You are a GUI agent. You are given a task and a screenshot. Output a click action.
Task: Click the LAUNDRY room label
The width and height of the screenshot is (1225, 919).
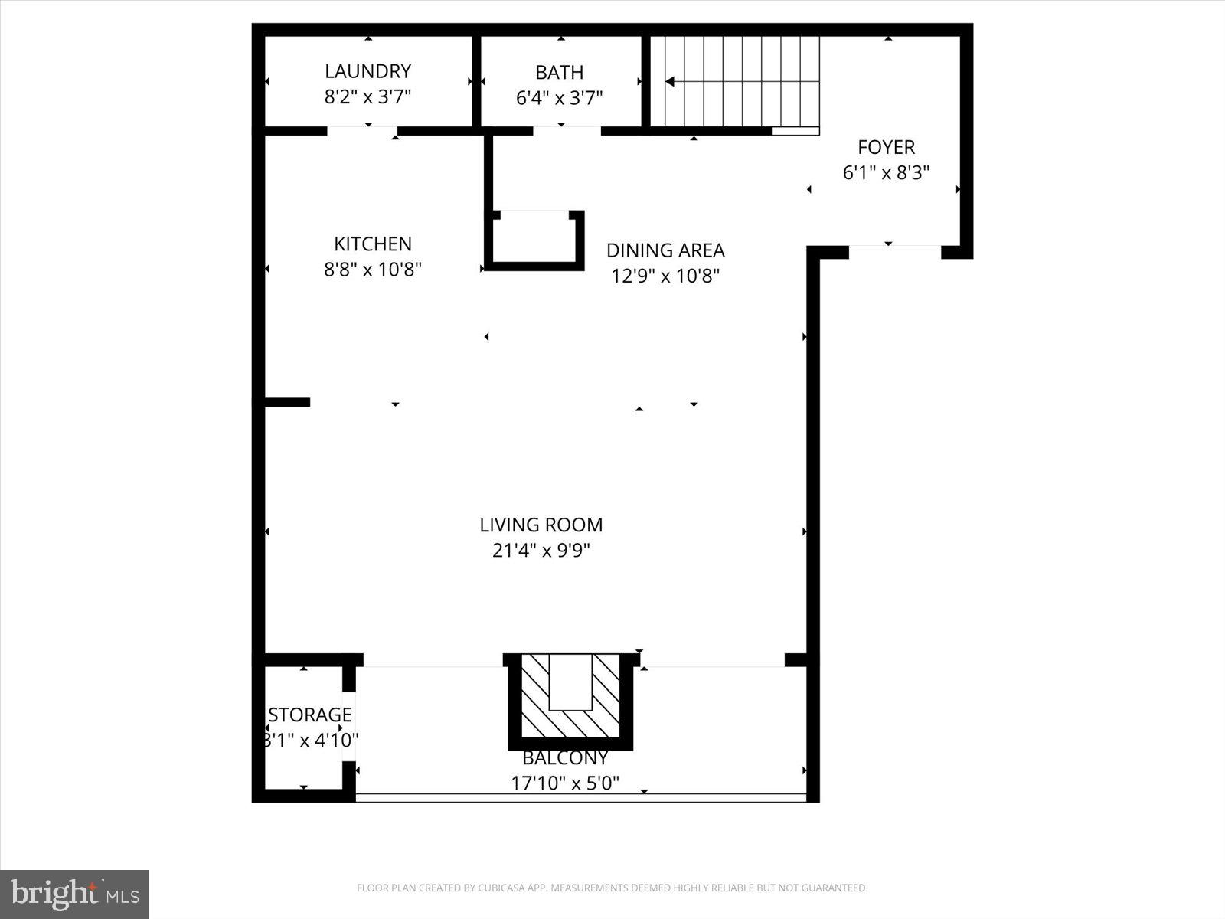point(367,71)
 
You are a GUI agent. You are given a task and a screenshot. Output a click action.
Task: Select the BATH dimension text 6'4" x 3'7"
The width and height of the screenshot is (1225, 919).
point(559,98)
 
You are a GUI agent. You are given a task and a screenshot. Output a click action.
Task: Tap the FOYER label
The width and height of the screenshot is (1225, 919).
point(886,147)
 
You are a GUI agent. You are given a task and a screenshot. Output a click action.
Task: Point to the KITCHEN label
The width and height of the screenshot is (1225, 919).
point(372,244)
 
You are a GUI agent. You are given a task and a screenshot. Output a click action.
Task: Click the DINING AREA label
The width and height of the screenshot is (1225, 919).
point(665,250)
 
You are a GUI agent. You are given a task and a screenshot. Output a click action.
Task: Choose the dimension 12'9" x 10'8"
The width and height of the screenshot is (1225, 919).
point(665,276)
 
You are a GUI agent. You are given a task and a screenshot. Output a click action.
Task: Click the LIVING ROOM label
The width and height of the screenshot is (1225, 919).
point(541,525)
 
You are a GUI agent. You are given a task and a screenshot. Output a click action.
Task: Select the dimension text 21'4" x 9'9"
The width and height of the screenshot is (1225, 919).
point(541,551)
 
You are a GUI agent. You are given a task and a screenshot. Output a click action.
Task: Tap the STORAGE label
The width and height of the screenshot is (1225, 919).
point(309,715)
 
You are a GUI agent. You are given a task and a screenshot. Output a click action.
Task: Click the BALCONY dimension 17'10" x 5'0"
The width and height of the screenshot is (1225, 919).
point(565,783)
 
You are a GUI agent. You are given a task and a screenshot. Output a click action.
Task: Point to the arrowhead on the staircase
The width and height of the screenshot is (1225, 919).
point(670,81)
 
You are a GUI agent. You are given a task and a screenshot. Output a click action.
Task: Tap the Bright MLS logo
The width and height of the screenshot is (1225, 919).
point(74,894)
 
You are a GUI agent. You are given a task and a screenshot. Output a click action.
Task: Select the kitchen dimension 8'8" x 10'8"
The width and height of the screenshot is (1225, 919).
point(372,270)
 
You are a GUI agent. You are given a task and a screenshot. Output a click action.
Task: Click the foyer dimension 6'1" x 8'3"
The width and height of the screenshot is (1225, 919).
point(886,173)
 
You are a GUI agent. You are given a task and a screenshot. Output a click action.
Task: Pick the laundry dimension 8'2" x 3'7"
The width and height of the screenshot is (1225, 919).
point(367,97)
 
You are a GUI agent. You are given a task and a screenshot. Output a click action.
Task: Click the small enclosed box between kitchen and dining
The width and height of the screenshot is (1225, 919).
point(534,240)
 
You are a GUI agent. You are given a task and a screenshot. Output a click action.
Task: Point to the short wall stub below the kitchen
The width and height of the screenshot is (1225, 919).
point(287,402)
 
